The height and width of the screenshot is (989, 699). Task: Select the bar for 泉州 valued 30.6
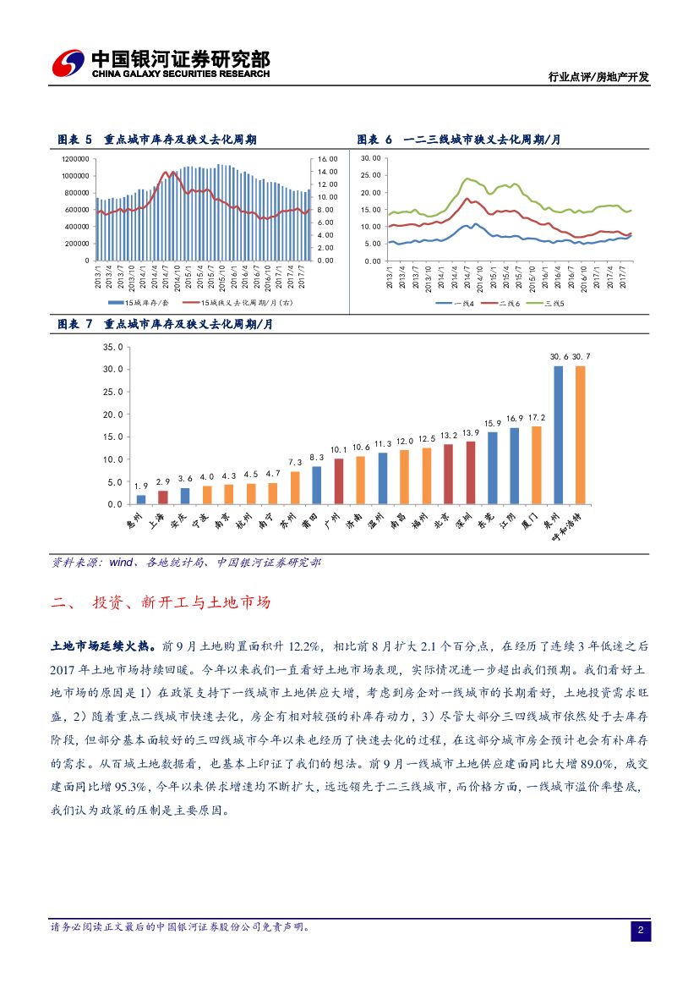[558, 435]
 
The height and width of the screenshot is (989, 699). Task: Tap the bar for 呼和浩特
[580, 435]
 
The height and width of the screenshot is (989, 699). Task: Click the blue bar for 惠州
[141, 499]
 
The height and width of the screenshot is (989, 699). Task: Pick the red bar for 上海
[163, 497]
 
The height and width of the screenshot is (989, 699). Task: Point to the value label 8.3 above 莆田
[316, 457]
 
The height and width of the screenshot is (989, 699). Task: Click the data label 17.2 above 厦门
[536, 418]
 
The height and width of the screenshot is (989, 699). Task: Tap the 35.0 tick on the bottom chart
[112, 348]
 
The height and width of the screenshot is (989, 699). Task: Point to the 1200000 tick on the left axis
[75, 159]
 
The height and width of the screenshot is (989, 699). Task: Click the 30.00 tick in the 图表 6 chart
[370, 159]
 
